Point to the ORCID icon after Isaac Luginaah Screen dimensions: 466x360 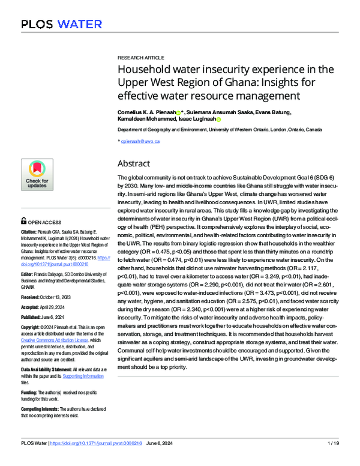(x=218, y=120)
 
